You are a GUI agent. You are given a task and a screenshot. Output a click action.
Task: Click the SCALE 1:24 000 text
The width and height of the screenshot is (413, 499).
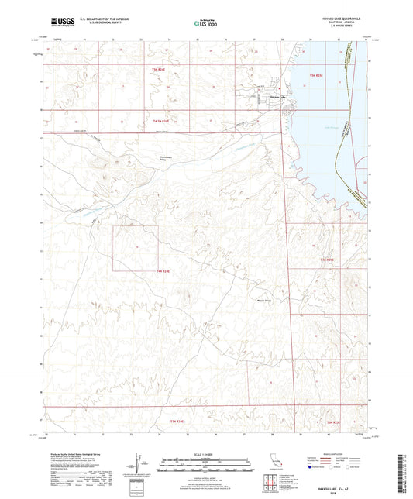[x=205, y=454]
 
